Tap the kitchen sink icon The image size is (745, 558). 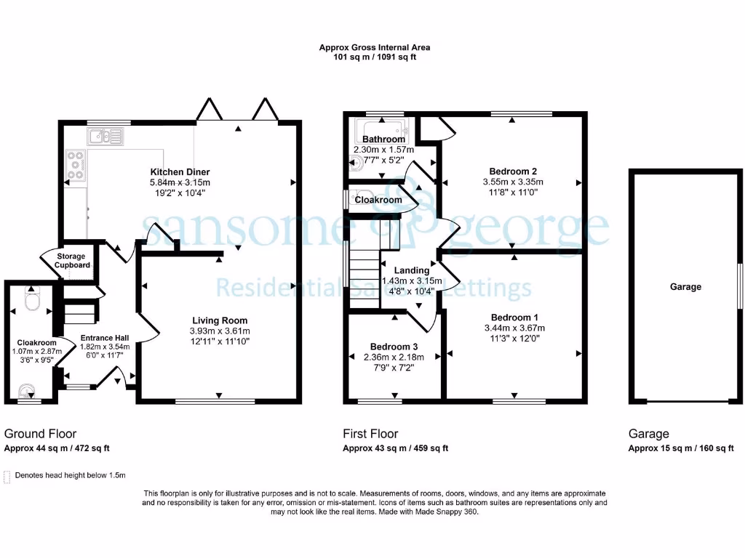(x=105, y=136)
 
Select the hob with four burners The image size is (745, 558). (x=76, y=164)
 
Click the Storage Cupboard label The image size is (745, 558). (x=73, y=261)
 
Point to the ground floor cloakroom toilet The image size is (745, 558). (x=32, y=299)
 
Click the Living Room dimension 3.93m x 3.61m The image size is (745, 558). (x=220, y=331)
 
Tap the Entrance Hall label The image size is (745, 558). (x=104, y=337)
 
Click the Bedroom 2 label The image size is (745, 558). (x=513, y=171)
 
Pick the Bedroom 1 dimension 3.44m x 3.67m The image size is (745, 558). (x=515, y=328)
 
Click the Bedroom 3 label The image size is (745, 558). (x=394, y=347)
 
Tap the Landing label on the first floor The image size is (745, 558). (x=412, y=270)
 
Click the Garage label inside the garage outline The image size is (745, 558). (x=685, y=287)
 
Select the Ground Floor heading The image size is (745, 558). (x=40, y=434)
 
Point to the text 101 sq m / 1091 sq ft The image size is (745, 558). (x=375, y=57)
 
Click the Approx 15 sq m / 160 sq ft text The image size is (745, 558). (x=681, y=448)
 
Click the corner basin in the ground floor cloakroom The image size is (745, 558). (x=27, y=392)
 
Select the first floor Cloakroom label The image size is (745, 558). (x=378, y=200)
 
